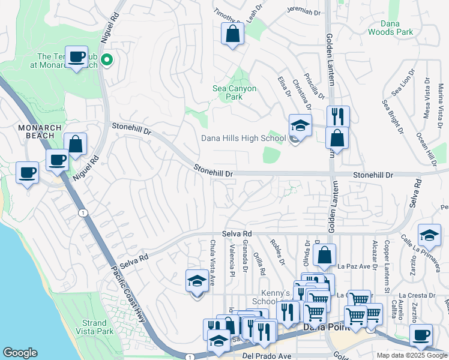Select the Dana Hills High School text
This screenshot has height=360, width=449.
click(x=243, y=139)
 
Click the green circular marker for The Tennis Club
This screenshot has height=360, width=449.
click(x=107, y=59)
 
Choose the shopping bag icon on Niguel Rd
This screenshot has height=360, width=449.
click(x=76, y=144)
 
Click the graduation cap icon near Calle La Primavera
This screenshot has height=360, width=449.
click(x=429, y=235)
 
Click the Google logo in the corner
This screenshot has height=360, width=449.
click(x=20, y=353)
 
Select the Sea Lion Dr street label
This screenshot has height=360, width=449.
click(x=403, y=83)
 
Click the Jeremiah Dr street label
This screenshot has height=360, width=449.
click(x=304, y=11)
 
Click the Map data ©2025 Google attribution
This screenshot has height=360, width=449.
click(x=411, y=355)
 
